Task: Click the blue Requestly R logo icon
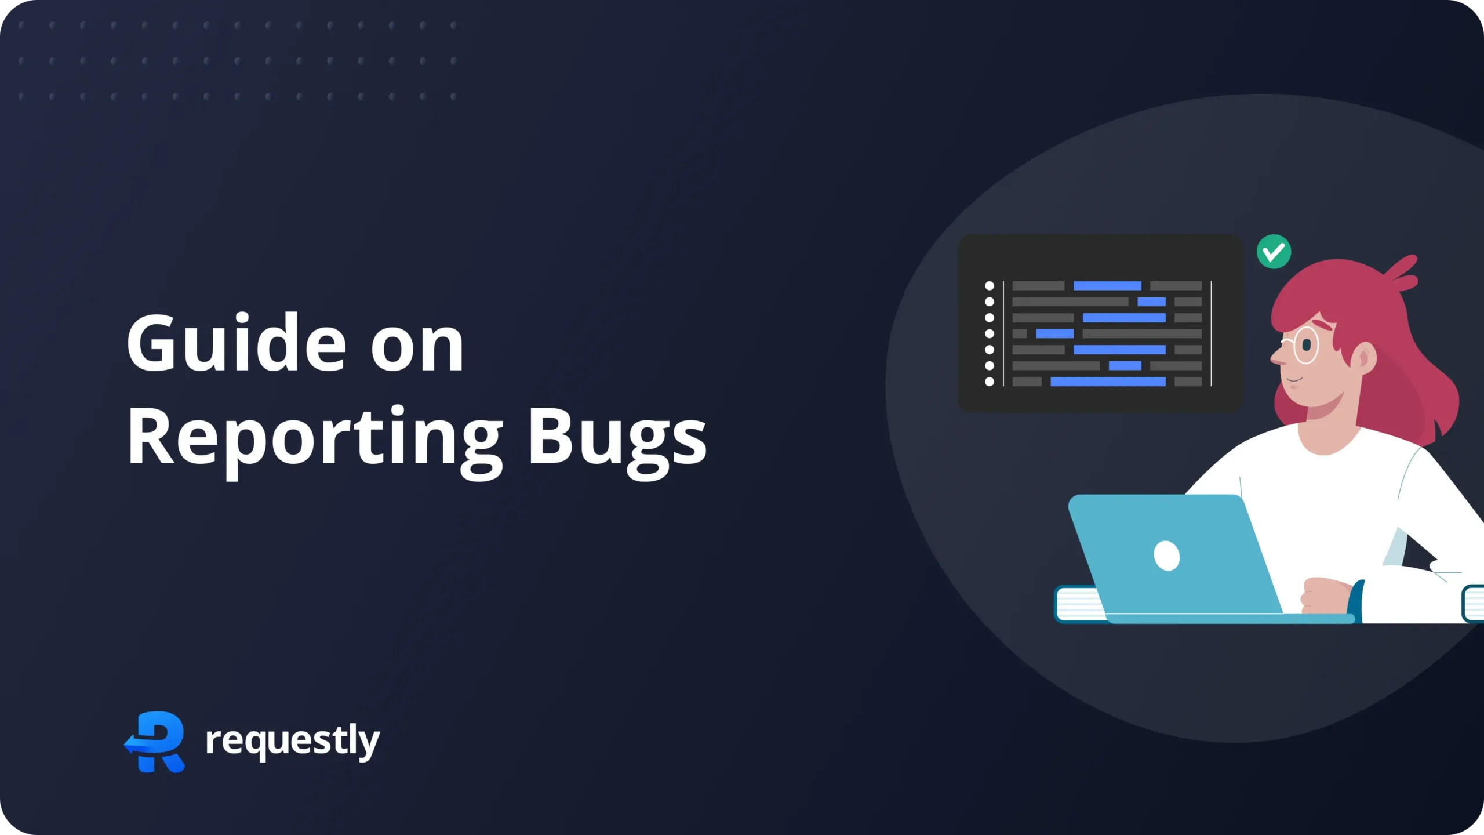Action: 155,741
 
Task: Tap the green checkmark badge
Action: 1274,252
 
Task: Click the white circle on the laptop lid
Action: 1166,556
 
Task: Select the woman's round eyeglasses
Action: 1305,345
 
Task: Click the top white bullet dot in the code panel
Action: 990,286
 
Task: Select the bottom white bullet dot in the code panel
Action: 990,382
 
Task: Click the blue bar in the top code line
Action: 1107,286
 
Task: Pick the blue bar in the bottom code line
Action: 1108,382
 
